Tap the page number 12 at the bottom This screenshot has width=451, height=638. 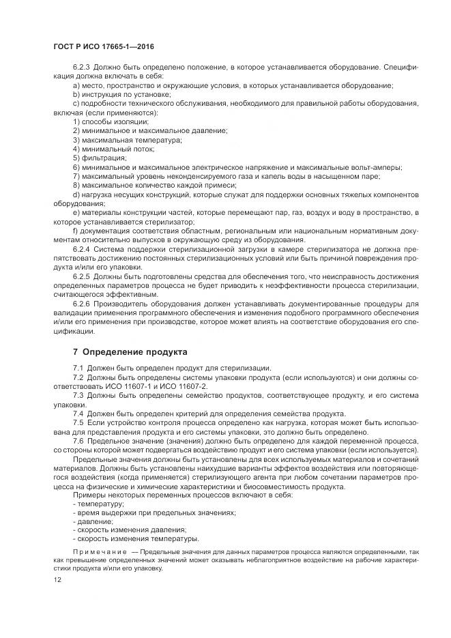(57, 579)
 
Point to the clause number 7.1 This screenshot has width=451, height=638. (78, 368)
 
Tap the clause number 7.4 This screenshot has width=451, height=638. (78, 414)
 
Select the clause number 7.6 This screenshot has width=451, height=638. (78, 441)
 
